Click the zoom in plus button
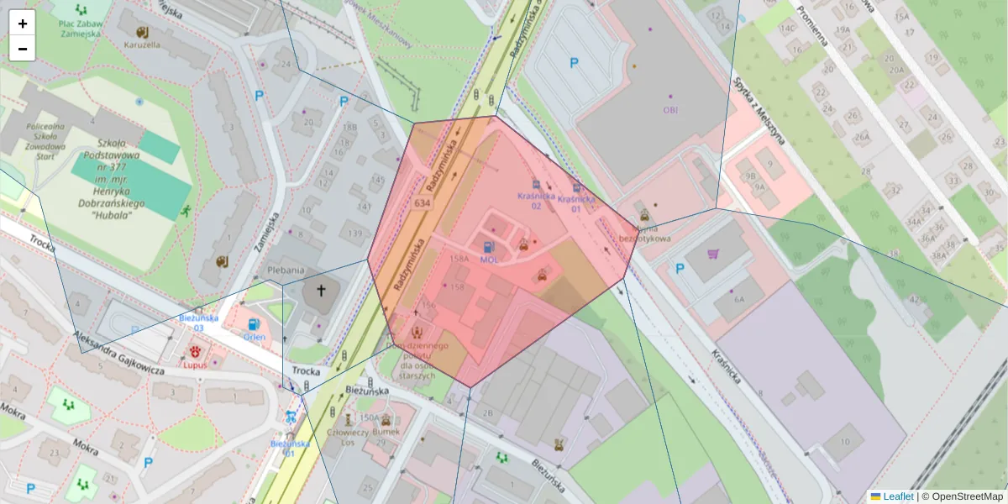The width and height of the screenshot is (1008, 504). click(x=23, y=24)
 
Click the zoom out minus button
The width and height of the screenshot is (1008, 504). click(x=23, y=49)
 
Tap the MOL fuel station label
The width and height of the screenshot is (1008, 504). click(x=489, y=260)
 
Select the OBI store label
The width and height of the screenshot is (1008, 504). click(x=670, y=110)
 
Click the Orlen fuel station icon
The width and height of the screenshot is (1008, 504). click(x=254, y=324)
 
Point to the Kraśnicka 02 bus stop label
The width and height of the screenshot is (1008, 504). click(x=536, y=201)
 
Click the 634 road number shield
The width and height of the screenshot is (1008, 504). click(x=423, y=203)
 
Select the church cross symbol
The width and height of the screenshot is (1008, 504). click(x=320, y=291)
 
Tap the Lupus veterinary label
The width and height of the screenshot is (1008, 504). click(x=195, y=365)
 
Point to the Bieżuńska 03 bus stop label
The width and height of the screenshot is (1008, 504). click(x=199, y=323)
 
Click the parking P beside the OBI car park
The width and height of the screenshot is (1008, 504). click(x=575, y=62)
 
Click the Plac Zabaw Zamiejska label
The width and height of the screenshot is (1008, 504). click(x=81, y=27)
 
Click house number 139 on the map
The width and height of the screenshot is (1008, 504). click(x=355, y=233)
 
